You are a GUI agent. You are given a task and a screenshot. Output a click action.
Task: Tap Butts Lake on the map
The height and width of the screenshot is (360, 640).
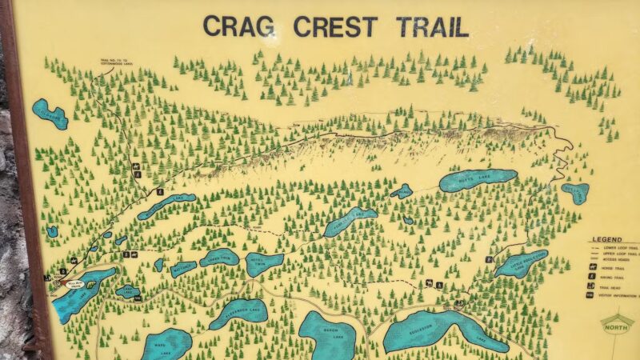tap(478, 181)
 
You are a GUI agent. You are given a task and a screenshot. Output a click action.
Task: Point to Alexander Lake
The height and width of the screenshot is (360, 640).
tap(238, 313)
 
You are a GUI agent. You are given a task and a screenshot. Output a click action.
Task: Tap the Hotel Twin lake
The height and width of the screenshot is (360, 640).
tap(264, 263)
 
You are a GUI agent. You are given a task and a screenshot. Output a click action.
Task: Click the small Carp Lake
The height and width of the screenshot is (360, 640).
tap(127, 292)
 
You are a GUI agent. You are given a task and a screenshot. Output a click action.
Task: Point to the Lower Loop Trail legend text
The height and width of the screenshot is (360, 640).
tap(620, 249)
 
